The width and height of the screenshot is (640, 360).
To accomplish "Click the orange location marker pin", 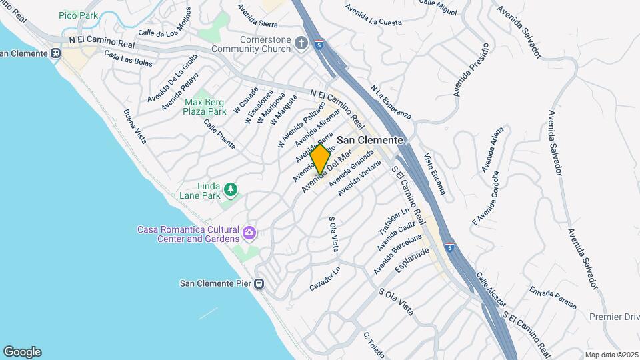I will point(320,159).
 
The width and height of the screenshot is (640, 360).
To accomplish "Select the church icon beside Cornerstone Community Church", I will point(301,44).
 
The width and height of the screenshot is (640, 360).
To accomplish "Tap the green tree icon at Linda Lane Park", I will point(231,190).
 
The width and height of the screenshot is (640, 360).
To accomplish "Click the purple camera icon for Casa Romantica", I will point(249,233).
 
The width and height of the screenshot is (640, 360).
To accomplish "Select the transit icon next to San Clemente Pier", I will point(259,283).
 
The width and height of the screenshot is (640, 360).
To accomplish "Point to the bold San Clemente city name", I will point(370,140).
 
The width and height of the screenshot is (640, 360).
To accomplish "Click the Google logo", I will point(22,351).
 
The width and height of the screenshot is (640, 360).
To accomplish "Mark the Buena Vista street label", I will point(135,127).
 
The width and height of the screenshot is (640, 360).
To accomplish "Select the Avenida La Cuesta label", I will point(373,15).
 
